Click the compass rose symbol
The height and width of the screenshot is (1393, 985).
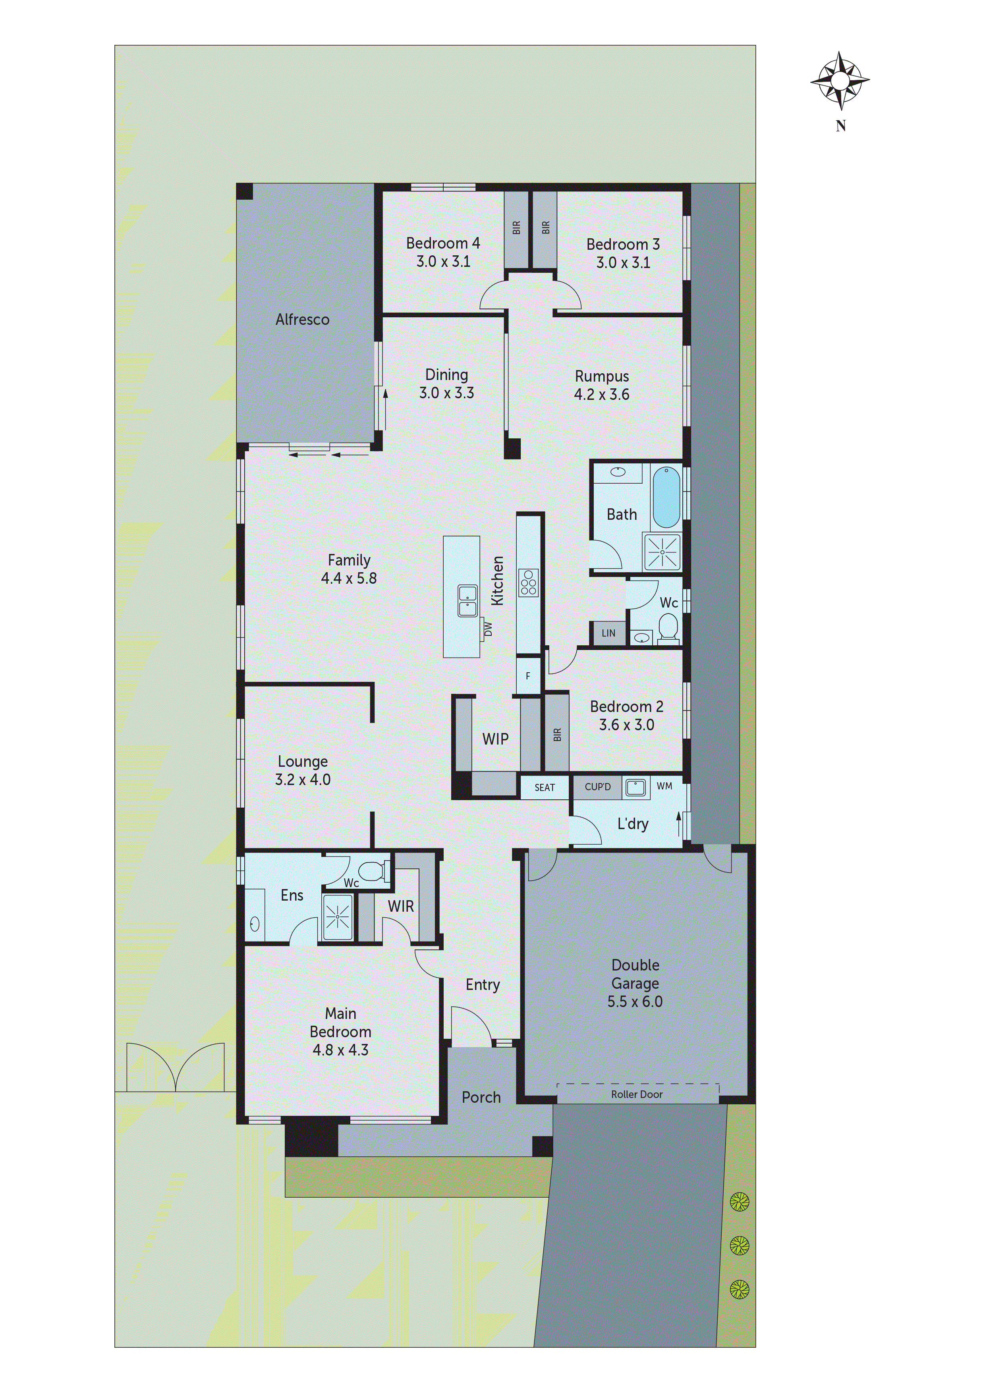[x=840, y=81]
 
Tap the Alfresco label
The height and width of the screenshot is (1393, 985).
[x=302, y=320]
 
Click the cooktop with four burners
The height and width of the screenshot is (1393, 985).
[x=528, y=583]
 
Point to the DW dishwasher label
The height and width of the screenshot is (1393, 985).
[x=488, y=629]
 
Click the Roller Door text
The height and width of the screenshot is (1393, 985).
[x=637, y=1094]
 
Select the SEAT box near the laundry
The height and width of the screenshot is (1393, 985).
[x=545, y=787]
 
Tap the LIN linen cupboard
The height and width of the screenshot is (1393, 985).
[x=608, y=633]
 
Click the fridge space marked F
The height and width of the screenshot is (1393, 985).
[x=528, y=676]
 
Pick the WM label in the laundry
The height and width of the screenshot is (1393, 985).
[x=664, y=786]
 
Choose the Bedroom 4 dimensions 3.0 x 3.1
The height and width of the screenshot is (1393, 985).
[x=443, y=262]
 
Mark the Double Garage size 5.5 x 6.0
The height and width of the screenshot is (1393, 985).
[x=635, y=1002]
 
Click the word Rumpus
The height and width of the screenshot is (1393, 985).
[x=601, y=376]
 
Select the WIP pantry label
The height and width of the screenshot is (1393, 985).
[x=495, y=739]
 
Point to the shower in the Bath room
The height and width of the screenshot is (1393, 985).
[x=662, y=552]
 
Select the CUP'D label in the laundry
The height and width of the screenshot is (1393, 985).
[x=597, y=787]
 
